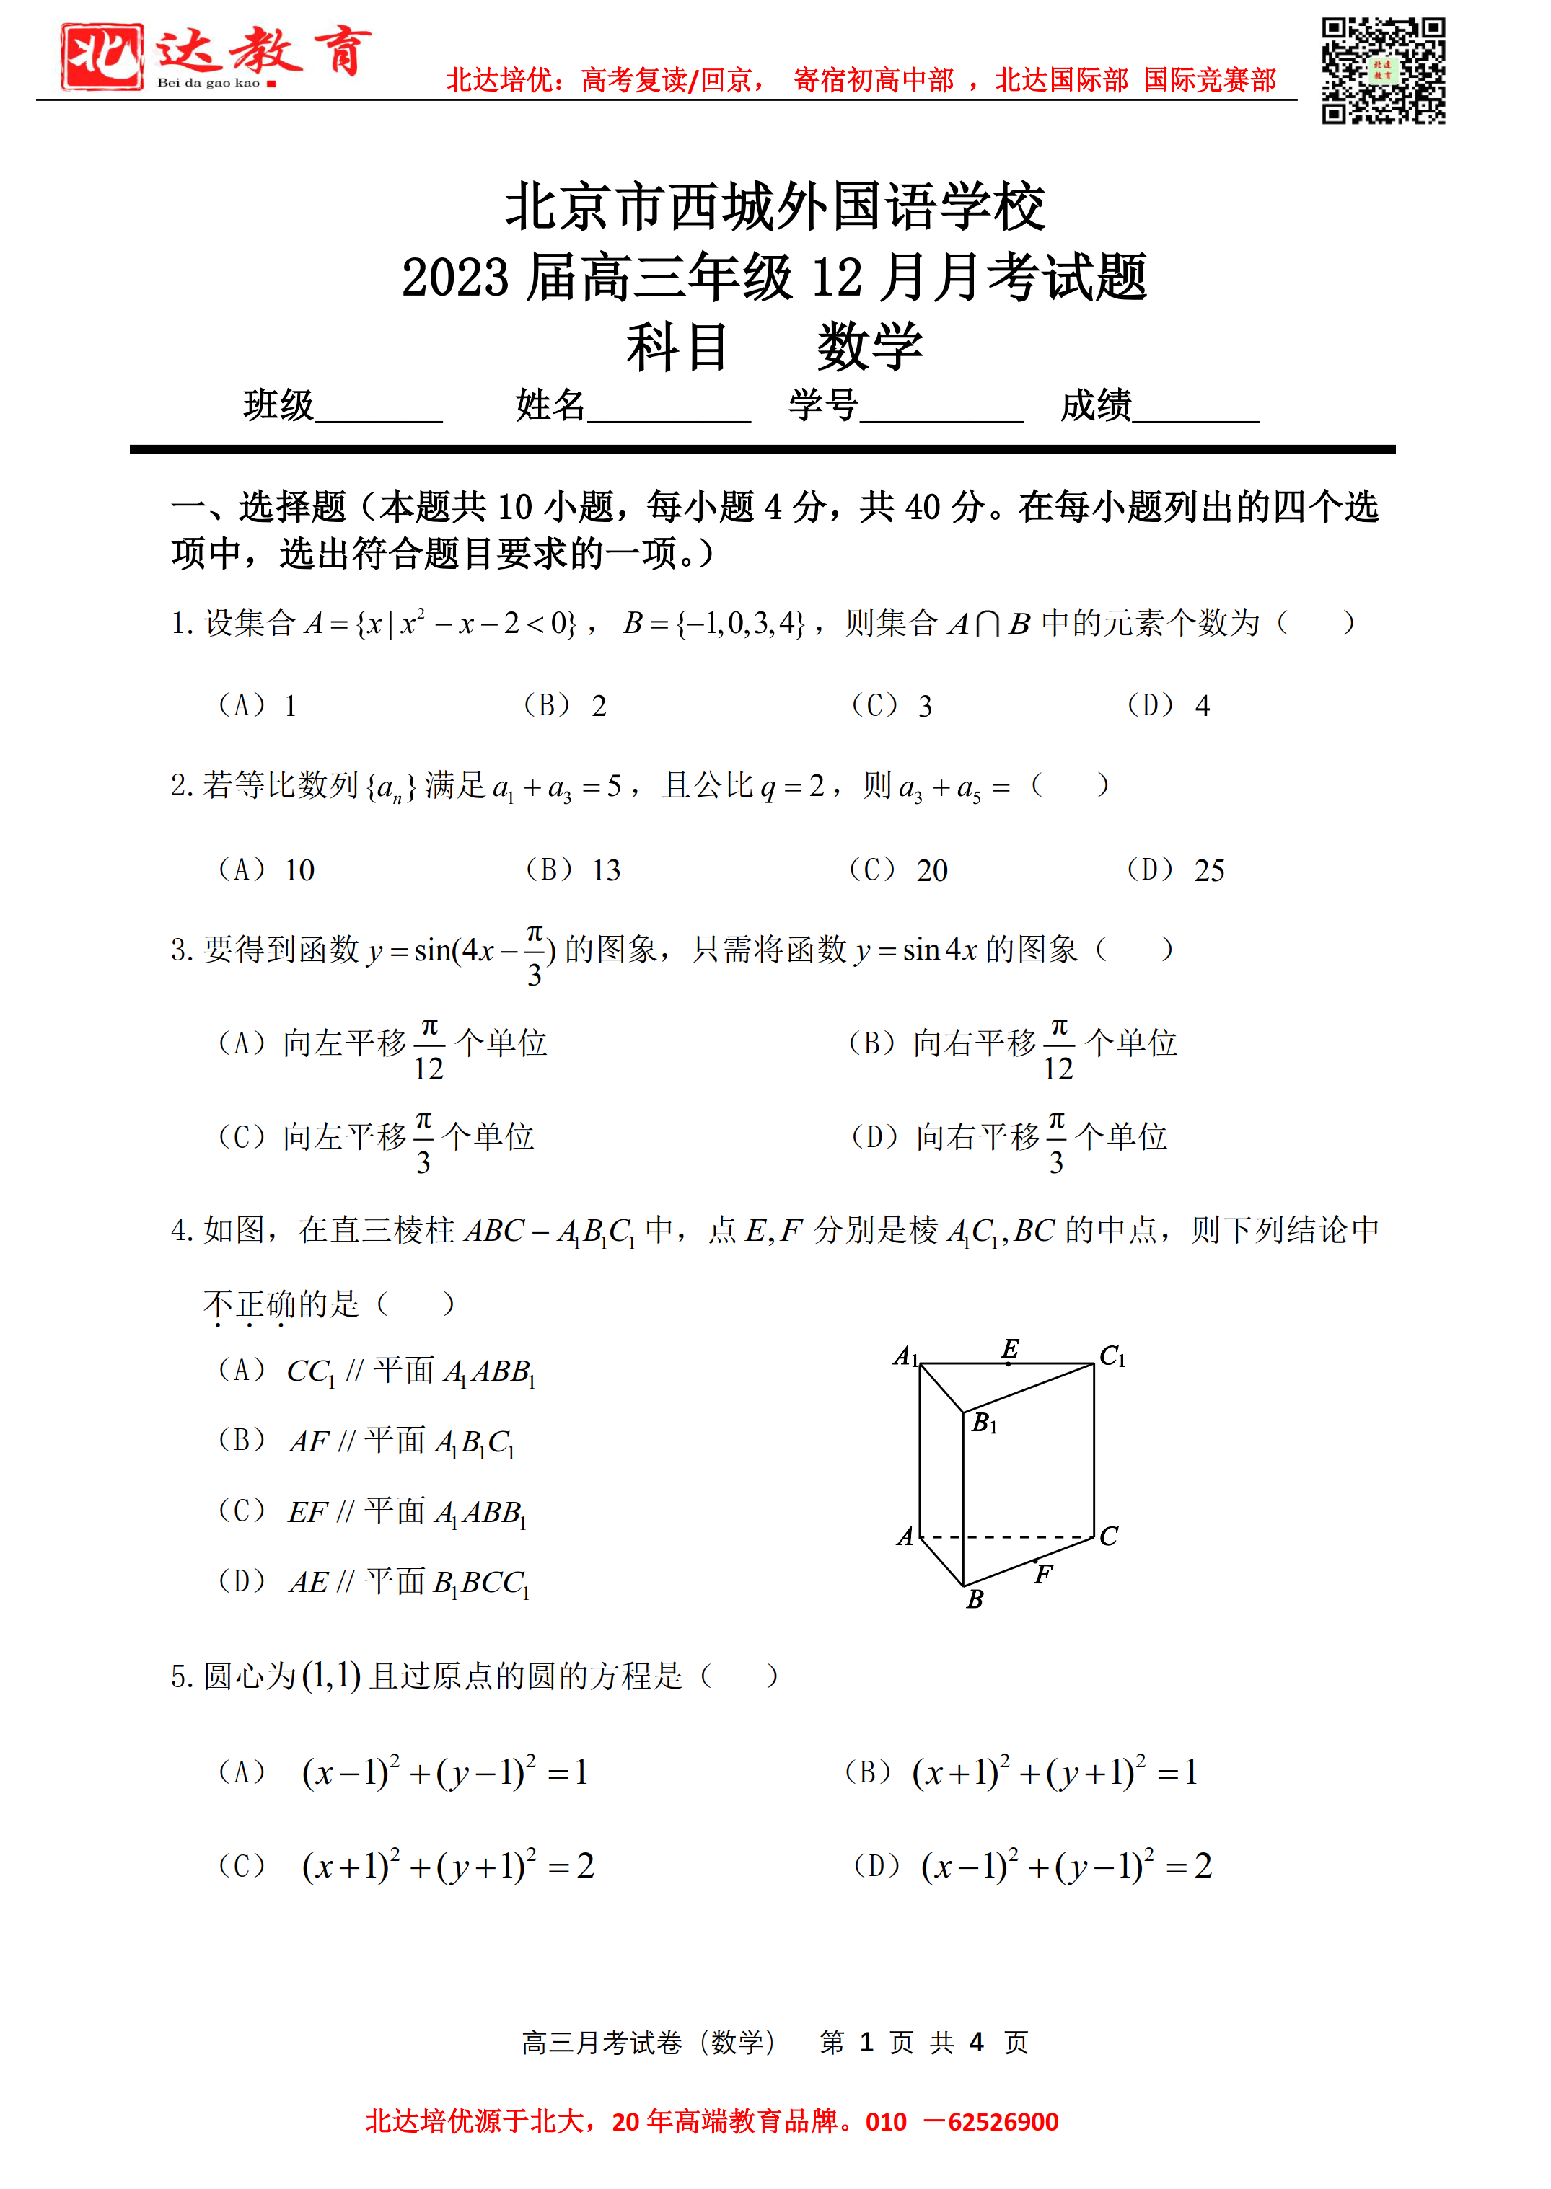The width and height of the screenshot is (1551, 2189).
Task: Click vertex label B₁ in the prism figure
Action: coord(985,1423)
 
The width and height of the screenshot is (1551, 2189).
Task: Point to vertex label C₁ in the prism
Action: coord(1112,1356)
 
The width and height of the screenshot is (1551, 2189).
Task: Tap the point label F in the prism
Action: coord(1043,1573)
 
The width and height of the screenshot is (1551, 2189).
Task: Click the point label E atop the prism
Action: coord(1009,1348)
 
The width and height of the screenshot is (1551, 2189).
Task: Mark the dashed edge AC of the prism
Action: coord(1008,1537)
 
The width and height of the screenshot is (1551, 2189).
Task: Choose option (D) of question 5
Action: coord(1032,1865)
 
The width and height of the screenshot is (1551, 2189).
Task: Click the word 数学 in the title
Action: coord(869,347)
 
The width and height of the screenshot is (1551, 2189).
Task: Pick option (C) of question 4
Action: coord(372,1511)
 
